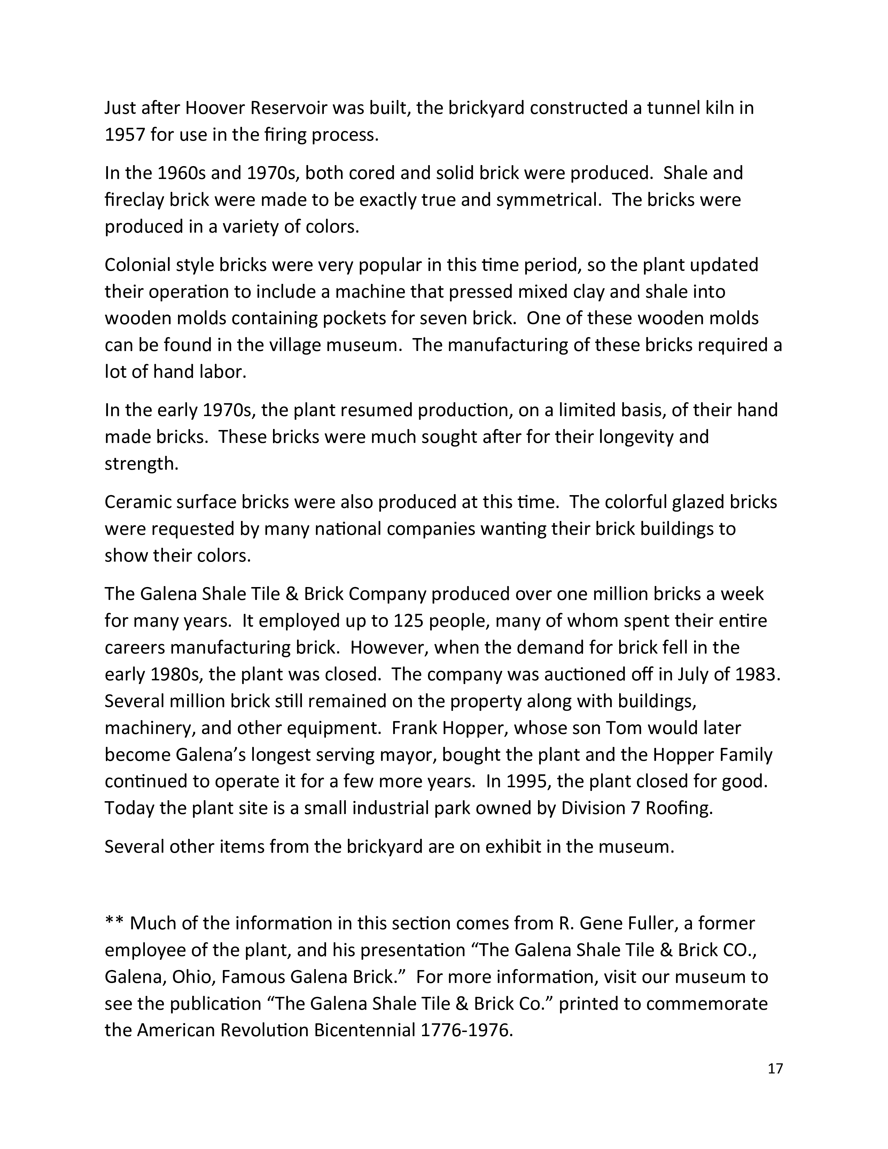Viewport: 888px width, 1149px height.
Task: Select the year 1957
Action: click(x=124, y=135)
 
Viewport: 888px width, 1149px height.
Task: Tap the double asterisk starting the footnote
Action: click(x=114, y=923)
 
